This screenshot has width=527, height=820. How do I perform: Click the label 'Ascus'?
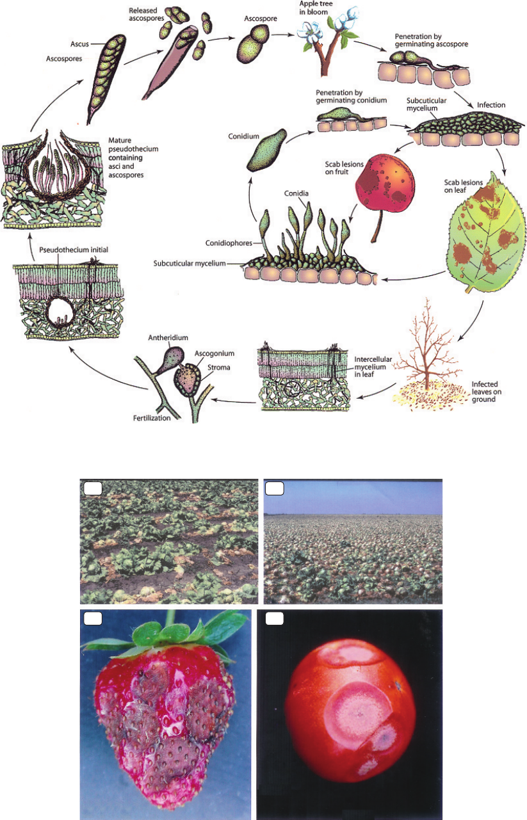tap(80, 44)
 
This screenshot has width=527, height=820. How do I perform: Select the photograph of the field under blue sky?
tap(353, 541)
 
